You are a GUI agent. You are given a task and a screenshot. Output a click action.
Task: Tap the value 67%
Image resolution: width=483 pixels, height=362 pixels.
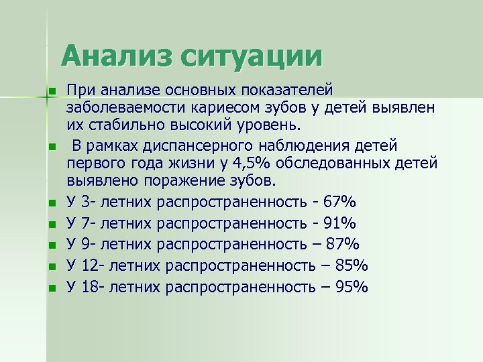pos(339,202)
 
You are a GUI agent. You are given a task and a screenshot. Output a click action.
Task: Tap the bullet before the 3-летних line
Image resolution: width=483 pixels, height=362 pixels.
pos(50,202)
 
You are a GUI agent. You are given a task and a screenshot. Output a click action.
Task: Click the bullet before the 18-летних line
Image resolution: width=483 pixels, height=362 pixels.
pos(50,288)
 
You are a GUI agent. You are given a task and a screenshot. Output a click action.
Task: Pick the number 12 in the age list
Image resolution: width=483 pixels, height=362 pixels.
pos(88,266)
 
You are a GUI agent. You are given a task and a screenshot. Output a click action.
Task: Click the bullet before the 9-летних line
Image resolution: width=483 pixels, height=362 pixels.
pos(50,245)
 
